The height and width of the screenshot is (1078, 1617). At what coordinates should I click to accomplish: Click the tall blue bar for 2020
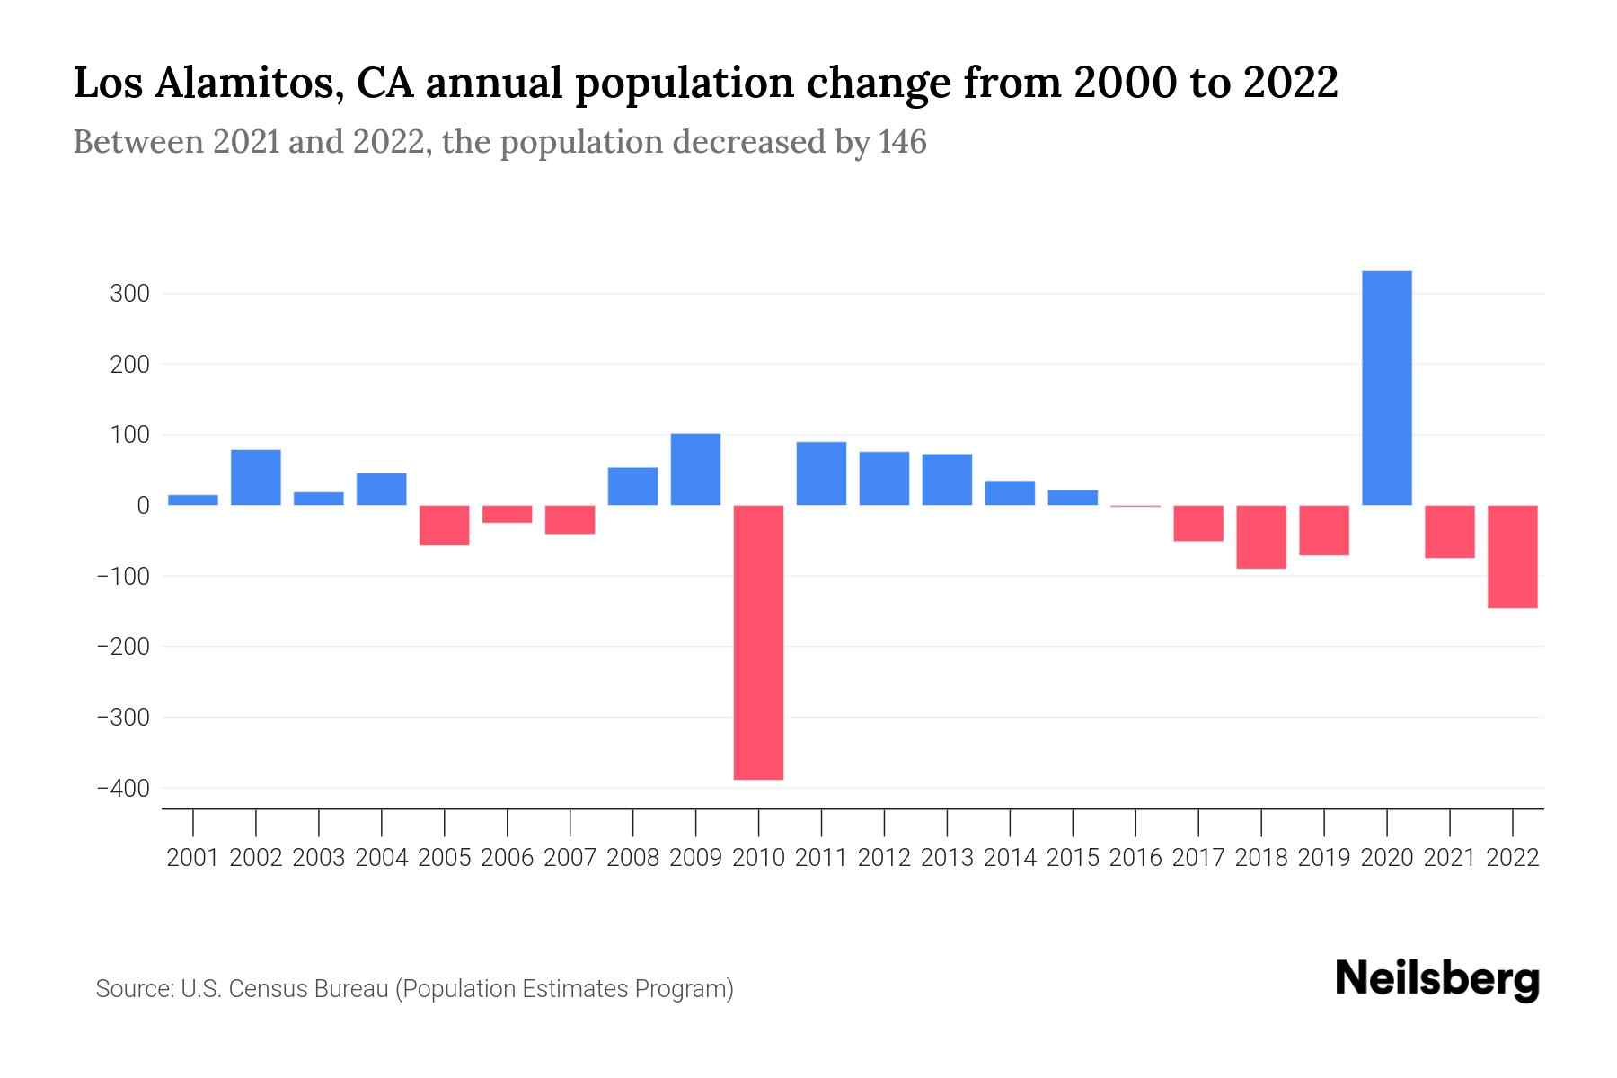[1386, 388]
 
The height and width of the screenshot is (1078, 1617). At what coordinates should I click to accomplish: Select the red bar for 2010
[758, 642]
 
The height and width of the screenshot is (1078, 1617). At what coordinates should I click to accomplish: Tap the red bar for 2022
[1512, 557]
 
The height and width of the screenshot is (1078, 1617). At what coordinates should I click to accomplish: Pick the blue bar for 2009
[695, 469]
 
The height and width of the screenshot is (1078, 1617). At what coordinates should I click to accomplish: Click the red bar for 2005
[444, 526]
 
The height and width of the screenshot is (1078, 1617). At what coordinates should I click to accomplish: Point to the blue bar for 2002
[256, 477]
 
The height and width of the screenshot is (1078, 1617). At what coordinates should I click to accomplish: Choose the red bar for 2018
[1260, 537]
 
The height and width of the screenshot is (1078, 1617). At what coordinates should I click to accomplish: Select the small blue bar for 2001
[193, 499]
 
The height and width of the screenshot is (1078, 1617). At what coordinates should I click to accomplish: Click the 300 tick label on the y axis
[129, 294]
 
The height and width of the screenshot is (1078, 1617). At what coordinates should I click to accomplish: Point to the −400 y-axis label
[122, 788]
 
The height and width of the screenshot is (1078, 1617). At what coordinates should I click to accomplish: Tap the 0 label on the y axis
[143, 506]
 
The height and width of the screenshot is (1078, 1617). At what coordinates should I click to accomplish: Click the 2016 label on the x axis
[1135, 858]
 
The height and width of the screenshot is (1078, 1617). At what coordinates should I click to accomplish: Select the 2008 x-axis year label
[632, 858]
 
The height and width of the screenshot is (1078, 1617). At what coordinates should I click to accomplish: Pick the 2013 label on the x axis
[947, 858]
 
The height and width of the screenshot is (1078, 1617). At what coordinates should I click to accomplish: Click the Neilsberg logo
[1437, 979]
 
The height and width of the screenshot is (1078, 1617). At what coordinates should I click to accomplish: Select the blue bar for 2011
[821, 473]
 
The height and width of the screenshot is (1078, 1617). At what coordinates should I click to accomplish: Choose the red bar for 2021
[1449, 532]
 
